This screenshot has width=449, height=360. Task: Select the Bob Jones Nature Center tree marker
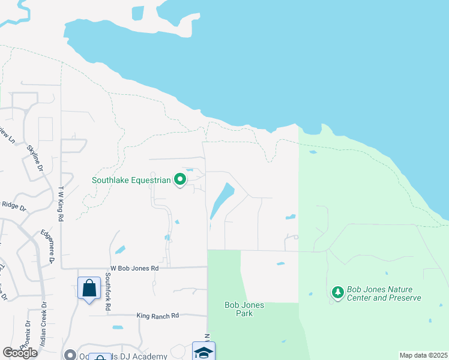pyautogui.click(x=338, y=292)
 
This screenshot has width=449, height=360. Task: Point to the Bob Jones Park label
pyautogui.click(x=244, y=309)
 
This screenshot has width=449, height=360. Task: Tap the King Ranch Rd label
pyautogui.click(x=158, y=316)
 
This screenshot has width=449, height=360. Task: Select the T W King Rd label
pyautogui.click(x=61, y=204)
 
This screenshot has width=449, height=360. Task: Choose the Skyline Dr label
pyautogui.click(x=35, y=159)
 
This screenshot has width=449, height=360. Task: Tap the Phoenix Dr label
pyautogui.click(x=26, y=333)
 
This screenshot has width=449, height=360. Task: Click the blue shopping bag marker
pyautogui.click(x=89, y=288)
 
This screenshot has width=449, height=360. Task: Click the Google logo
pyautogui.click(x=20, y=353)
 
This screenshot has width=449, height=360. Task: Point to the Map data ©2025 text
pyautogui.click(x=423, y=355)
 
